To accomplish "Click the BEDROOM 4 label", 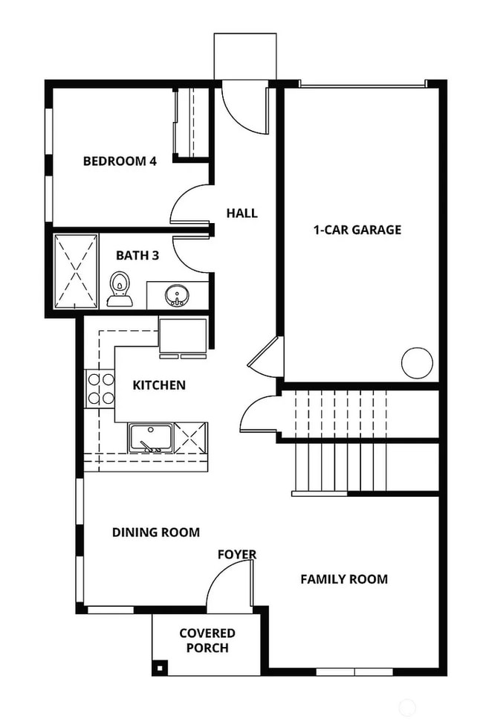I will point(120,161).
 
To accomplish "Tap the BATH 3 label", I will point(137,255).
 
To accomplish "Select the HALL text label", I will point(241,213).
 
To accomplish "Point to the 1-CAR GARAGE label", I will point(357,230).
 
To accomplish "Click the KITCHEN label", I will point(159,385).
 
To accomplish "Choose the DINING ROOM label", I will point(156,532).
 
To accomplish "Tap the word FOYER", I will point(237,555).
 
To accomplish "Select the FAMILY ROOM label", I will point(344,579).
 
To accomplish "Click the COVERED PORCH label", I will point(207,640).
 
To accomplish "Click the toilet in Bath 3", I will point(120,290).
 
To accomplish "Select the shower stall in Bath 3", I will point(76,271).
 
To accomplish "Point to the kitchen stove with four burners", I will point(100,388).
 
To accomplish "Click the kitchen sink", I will point(151,438).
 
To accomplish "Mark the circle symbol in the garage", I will point(417,364).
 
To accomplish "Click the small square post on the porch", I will point(158,666).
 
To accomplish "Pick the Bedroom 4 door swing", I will point(189,204).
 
